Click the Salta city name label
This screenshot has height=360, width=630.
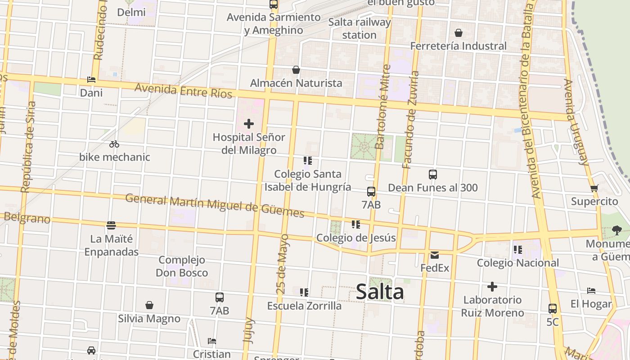[380, 292]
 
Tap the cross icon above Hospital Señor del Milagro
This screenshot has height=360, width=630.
[248, 124]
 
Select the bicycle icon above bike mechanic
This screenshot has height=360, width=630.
[114, 144]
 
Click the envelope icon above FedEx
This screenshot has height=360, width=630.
[434, 255]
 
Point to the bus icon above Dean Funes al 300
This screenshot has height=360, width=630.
[433, 175]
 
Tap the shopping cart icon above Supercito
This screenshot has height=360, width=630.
[594, 188]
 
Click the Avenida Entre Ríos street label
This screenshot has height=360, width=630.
[183, 90]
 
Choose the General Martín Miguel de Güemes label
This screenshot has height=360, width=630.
[215, 205]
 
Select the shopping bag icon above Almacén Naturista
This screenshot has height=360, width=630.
[296, 70]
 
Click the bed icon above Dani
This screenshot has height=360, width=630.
[91, 80]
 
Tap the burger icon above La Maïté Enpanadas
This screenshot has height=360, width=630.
[111, 225]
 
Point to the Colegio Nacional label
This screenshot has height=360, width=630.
[518, 263]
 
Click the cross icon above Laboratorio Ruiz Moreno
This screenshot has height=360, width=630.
[492, 287]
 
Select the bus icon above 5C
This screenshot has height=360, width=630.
[553, 309]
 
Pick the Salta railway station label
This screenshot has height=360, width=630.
[359, 28]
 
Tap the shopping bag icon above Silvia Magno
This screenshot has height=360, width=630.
[149, 306]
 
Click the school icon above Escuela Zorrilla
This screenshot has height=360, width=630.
[304, 292]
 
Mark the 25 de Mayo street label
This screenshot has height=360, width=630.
[283, 264]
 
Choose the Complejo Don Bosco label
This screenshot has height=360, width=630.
[182, 266]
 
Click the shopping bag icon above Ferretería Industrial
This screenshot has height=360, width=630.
[459, 33]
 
